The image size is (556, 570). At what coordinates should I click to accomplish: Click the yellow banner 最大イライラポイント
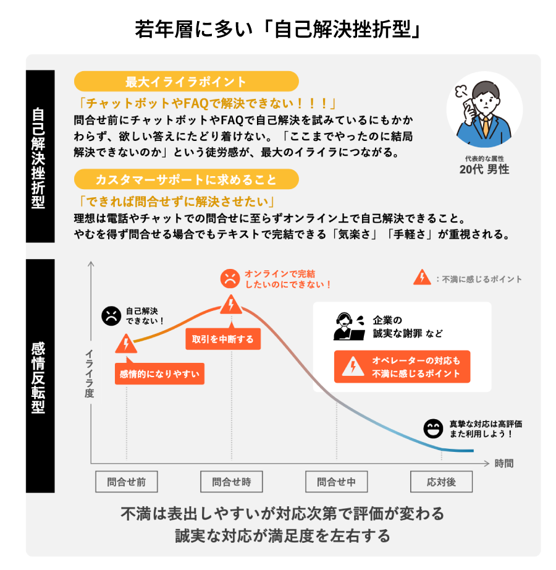point(187,82)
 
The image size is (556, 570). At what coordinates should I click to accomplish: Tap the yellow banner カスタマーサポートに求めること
point(187,179)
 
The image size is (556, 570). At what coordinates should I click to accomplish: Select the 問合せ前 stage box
point(127,482)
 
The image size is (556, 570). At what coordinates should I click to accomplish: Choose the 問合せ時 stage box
point(231,482)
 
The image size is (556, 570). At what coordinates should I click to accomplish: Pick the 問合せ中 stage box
point(336,482)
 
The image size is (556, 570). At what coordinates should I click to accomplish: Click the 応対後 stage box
point(441,482)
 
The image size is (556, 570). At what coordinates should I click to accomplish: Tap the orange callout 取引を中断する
point(223,339)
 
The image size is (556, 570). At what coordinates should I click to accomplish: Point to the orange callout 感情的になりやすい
point(159,373)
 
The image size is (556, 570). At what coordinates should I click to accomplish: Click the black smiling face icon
point(433,428)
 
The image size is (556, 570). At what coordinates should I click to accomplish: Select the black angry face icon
point(111,316)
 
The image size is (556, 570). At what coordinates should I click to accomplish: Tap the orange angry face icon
point(230,278)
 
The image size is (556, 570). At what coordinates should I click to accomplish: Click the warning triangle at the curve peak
point(231,304)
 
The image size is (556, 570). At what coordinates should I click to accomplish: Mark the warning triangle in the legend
point(422,277)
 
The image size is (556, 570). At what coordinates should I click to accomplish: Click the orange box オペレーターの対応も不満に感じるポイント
point(402,367)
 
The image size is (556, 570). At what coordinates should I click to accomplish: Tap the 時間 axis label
point(504,463)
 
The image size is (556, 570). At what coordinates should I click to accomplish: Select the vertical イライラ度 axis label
point(90,373)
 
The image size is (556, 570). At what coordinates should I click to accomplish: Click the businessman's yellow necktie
point(486,127)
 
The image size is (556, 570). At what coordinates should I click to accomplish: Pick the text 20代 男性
point(484,169)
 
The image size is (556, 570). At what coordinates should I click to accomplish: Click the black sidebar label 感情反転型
point(38,377)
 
